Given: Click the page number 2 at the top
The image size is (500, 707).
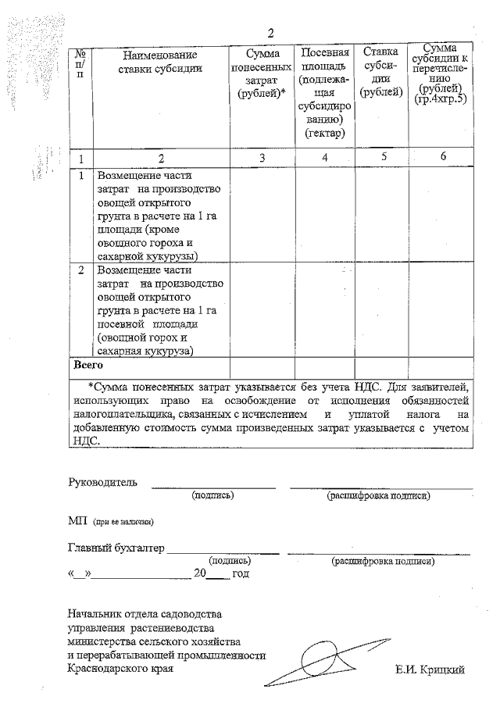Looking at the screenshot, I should [271, 32].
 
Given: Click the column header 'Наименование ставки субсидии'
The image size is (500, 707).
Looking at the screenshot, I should [160, 62].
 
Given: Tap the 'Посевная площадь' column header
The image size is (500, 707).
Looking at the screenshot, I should [324, 93].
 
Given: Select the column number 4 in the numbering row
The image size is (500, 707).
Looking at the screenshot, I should [324, 158].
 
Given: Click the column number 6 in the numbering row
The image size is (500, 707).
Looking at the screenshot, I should [442, 157].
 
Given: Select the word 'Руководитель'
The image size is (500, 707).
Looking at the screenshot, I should [102, 482].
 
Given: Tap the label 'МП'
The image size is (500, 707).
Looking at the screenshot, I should [77, 521].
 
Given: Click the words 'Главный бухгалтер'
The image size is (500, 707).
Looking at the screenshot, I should [116, 548].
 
